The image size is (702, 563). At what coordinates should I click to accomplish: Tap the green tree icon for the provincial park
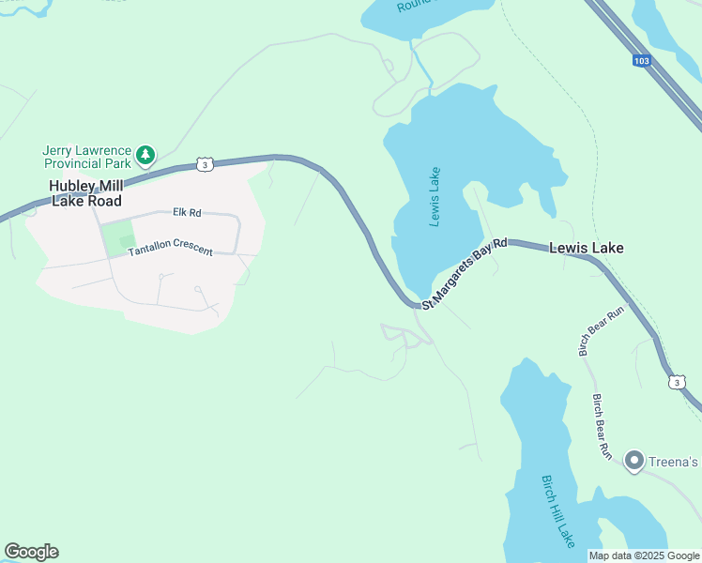(145, 153)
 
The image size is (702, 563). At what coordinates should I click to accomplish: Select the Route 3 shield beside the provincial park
(204, 164)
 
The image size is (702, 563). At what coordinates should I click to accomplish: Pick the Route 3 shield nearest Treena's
(677, 382)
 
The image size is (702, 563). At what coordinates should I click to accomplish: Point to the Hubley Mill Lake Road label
(87, 193)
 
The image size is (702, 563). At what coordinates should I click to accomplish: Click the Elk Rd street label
(187, 213)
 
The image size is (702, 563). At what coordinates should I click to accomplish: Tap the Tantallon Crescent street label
(170, 251)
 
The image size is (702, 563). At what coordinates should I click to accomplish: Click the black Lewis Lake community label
(587, 249)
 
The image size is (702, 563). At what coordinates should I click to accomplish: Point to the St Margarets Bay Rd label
(465, 274)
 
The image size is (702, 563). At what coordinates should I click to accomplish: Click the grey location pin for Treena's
(633, 460)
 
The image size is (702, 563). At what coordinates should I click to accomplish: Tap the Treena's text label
(675, 461)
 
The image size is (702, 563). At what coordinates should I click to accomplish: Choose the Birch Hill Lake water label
(557, 511)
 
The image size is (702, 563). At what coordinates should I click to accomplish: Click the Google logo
(31, 552)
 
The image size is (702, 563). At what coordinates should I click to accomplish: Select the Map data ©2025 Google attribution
(644, 555)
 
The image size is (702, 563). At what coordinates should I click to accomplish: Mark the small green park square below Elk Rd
(117, 238)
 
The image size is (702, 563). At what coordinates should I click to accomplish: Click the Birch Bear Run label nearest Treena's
(602, 426)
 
